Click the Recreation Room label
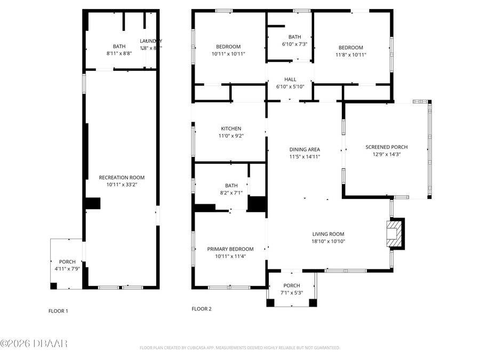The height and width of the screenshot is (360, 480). [x=122, y=178]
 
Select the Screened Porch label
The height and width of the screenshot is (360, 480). [x=386, y=147]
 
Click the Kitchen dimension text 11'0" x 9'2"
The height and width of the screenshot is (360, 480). [x=231, y=136]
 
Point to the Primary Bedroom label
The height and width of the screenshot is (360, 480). [x=230, y=249]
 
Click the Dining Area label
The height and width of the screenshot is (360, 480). [x=304, y=150]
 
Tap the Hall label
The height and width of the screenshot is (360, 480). [x=290, y=79]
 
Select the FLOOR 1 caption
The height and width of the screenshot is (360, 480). [x=58, y=311]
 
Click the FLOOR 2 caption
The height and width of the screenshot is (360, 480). [x=202, y=309]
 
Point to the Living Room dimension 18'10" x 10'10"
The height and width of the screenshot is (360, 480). [x=328, y=241]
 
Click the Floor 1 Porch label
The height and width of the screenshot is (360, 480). [x=67, y=262]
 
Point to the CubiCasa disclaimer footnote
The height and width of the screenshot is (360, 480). [x=239, y=348]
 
